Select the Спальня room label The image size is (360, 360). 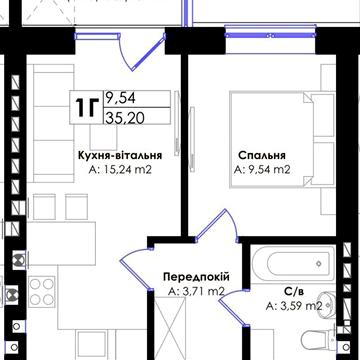tap(263, 155)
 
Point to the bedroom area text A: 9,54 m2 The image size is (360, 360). tap(263, 170)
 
